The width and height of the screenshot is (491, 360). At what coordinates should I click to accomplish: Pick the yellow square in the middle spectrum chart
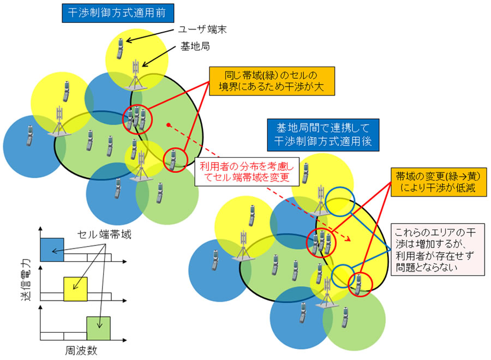click(x=75, y=289)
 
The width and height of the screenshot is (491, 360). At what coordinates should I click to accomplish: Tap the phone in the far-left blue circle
click(x=29, y=135)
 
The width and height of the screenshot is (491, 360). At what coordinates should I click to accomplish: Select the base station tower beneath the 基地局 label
click(x=135, y=75)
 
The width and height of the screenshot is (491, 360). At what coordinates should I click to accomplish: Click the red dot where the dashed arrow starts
click(x=170, y=125)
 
